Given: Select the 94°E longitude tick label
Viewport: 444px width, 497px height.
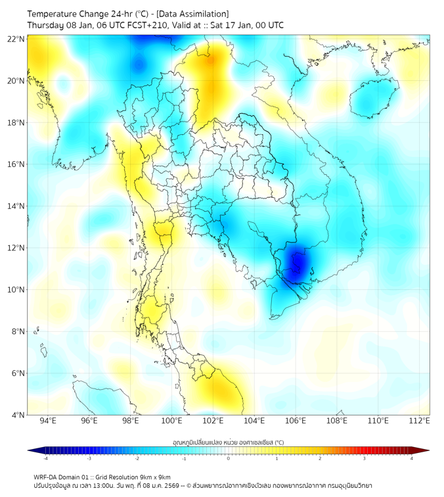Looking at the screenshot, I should (x=47, y=421).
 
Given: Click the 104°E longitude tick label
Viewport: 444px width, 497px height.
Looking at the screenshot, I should (x=254, y=421).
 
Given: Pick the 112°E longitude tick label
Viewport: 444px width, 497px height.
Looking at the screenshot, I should (x=419, y=421).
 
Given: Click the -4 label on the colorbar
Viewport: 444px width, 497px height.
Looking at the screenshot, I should (x=45, y=459).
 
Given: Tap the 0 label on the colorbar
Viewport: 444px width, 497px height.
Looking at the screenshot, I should (x=228, y=459).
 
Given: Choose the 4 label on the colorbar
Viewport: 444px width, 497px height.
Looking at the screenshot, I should (x=411, y=459).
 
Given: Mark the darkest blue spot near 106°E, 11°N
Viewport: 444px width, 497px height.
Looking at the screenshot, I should (x=297, y=262).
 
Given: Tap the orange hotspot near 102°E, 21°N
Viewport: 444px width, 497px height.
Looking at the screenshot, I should (x=211, y=61).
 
